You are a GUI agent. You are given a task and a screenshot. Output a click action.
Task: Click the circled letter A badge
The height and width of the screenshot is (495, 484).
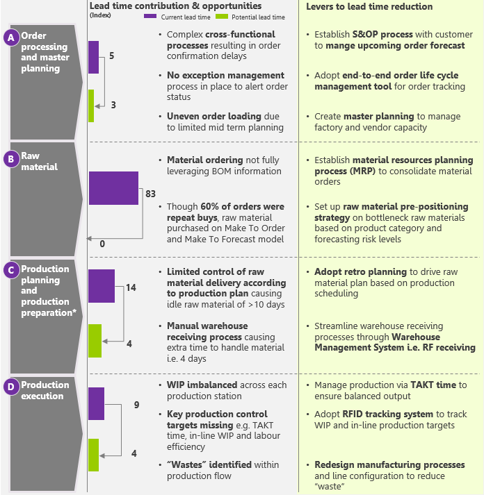click(x=11, y=38)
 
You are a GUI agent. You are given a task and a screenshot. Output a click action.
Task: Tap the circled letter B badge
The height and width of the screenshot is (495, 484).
click(x=11, y=159)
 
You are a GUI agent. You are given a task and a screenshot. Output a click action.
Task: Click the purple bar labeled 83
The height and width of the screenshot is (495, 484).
click(x=113, y=188)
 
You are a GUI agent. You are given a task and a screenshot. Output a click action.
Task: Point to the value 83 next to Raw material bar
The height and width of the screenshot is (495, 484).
click(x=150, y=194)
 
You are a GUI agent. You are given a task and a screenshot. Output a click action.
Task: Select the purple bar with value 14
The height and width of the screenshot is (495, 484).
click(x=102, y=286)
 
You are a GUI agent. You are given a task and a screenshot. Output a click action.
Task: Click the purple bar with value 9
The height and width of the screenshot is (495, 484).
click(x=96, y=403)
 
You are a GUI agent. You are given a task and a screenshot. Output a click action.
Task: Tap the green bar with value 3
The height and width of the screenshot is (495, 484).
click(x=91, y=106)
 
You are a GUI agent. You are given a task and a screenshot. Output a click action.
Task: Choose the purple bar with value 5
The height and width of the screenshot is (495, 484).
click(x=94, y=57)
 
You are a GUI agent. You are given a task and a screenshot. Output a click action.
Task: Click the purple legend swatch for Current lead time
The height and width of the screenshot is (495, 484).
click(x=151, y=17)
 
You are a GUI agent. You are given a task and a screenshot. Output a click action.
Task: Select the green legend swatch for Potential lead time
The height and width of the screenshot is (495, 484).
click(x=220, y=17)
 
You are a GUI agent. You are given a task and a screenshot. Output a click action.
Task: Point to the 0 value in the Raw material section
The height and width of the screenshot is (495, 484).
click(x=102, y=244)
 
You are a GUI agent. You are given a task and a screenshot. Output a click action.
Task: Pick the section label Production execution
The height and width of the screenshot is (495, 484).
click(x=45, y=391)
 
